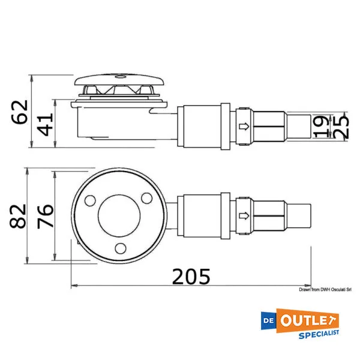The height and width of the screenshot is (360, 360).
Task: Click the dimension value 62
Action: click(x=20, y=112)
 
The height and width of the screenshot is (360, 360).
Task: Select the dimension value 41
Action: click(x=46, y=124)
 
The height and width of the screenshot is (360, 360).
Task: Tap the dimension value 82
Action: click(x=18, y=216)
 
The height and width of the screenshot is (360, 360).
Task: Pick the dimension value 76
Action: click(x=46, y=216)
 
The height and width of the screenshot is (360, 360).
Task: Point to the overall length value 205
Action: click(x=191, y=277)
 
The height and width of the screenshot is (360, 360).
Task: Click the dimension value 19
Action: click(x=322, y=127)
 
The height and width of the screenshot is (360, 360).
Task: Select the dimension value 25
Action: click(x=340, y=127)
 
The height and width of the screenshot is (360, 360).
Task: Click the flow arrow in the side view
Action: click(x=244, y=126)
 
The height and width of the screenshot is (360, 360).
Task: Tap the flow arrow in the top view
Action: click(x=244, y=216)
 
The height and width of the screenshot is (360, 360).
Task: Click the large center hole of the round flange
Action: click(x=119, y=216)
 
